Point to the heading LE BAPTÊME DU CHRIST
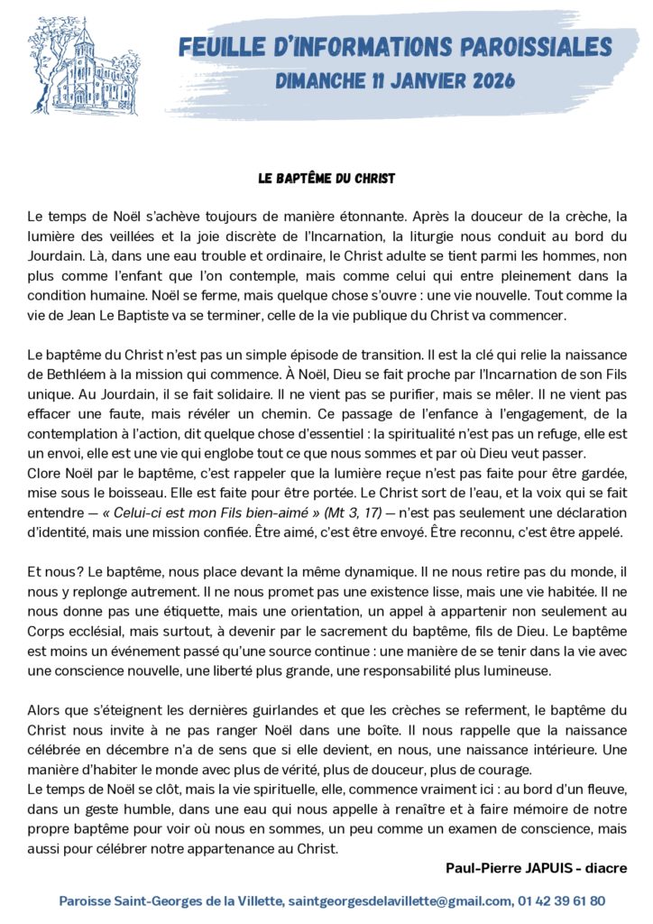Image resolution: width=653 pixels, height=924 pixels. coord(326,178)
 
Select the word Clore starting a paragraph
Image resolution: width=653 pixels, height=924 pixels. coord(43,473)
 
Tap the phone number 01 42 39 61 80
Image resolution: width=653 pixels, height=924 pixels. coord(561,900)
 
